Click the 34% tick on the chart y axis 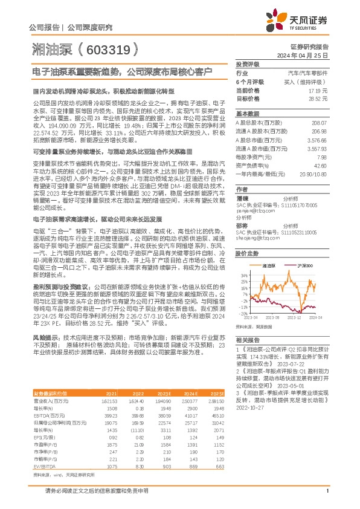pos(242,274)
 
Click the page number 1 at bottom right pos(327,499)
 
